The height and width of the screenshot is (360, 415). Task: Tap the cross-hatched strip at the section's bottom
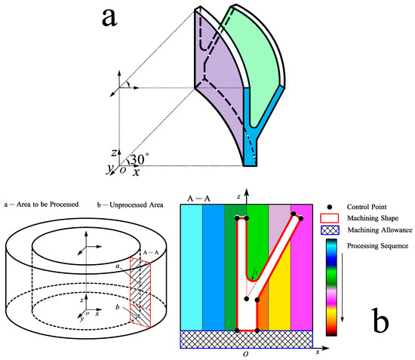[x=247, y=339]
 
